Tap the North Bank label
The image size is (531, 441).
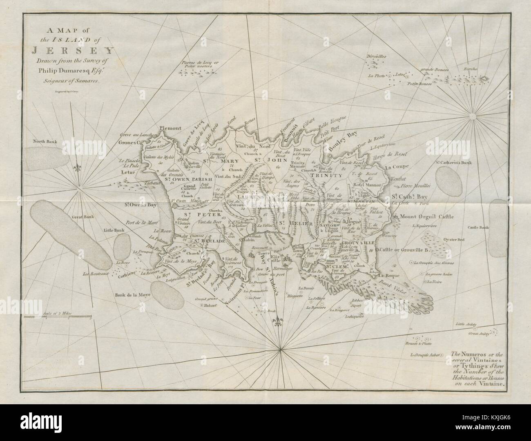47,143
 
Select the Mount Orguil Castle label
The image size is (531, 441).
428,216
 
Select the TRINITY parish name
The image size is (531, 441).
326,175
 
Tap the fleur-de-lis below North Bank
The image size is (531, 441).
77,168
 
